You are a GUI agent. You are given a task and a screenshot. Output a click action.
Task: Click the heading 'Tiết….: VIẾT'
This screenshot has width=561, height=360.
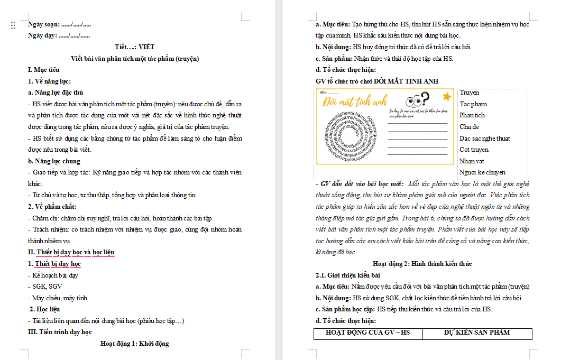[135, 47]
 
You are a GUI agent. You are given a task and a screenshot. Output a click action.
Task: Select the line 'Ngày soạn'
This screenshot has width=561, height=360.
[59, 24]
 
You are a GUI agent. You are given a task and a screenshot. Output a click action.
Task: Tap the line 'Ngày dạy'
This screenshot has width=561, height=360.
[59, 35]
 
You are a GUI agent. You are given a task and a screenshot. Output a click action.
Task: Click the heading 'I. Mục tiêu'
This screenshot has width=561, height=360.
[43, 70]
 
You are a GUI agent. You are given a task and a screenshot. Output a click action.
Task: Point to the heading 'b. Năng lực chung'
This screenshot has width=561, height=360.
[54, 161]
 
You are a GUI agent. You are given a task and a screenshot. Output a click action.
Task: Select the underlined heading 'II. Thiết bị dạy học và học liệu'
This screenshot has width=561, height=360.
[71, 252]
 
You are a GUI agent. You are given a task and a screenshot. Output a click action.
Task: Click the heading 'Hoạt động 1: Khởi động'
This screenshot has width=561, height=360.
[135, 344]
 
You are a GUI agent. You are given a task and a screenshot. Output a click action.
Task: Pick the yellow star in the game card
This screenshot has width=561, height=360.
[447, 96]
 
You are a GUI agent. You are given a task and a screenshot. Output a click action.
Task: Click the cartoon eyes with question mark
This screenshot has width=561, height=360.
[417, 100]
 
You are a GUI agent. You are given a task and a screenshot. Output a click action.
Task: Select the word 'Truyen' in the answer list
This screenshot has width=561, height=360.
[470, 93]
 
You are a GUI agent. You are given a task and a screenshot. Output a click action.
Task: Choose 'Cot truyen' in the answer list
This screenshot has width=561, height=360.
[474, 150]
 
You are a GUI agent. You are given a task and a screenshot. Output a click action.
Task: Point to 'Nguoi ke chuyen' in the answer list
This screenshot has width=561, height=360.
[482, 172]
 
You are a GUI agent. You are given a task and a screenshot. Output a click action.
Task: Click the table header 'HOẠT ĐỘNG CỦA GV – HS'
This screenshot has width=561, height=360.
[367, 333]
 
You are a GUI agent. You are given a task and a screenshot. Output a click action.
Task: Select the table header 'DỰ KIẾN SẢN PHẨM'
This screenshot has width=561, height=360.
[477, 333]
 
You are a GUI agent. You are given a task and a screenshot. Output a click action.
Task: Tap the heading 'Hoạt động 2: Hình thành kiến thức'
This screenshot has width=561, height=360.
[422, 264]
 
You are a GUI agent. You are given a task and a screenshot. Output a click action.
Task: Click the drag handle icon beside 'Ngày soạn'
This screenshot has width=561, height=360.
[13, 25]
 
